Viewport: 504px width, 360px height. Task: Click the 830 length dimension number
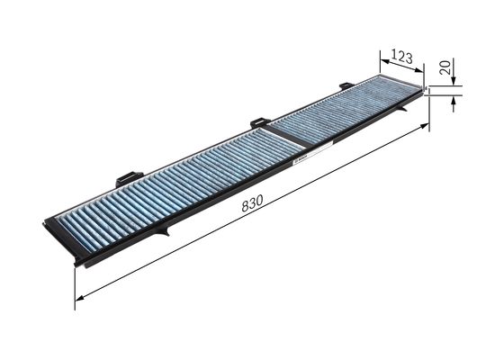coord(253,205)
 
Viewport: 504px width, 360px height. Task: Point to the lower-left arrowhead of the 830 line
coord(79,296)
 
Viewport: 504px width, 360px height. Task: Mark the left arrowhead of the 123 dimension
coord(382,54)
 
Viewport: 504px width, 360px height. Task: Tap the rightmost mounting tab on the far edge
coord(346,85)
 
